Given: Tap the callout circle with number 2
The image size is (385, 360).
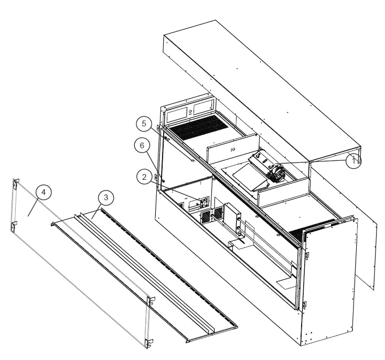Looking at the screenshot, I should coord(144,177).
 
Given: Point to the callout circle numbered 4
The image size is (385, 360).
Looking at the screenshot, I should coord(44,192).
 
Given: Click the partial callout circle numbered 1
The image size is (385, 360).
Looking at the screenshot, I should coord(354,159).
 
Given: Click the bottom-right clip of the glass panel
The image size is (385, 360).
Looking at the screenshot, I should coord(149,343).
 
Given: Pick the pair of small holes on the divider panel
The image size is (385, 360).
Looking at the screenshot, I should coord(231,149).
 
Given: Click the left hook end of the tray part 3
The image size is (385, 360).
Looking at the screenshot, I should coord(54,224).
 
